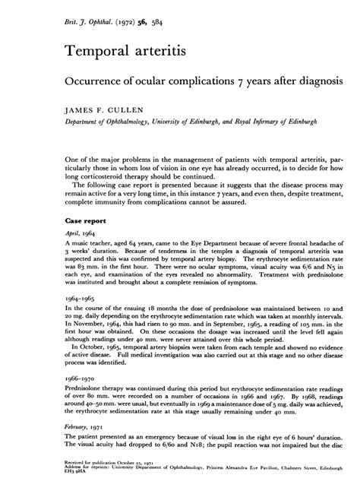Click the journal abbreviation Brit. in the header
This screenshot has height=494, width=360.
(x=54, y=14)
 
